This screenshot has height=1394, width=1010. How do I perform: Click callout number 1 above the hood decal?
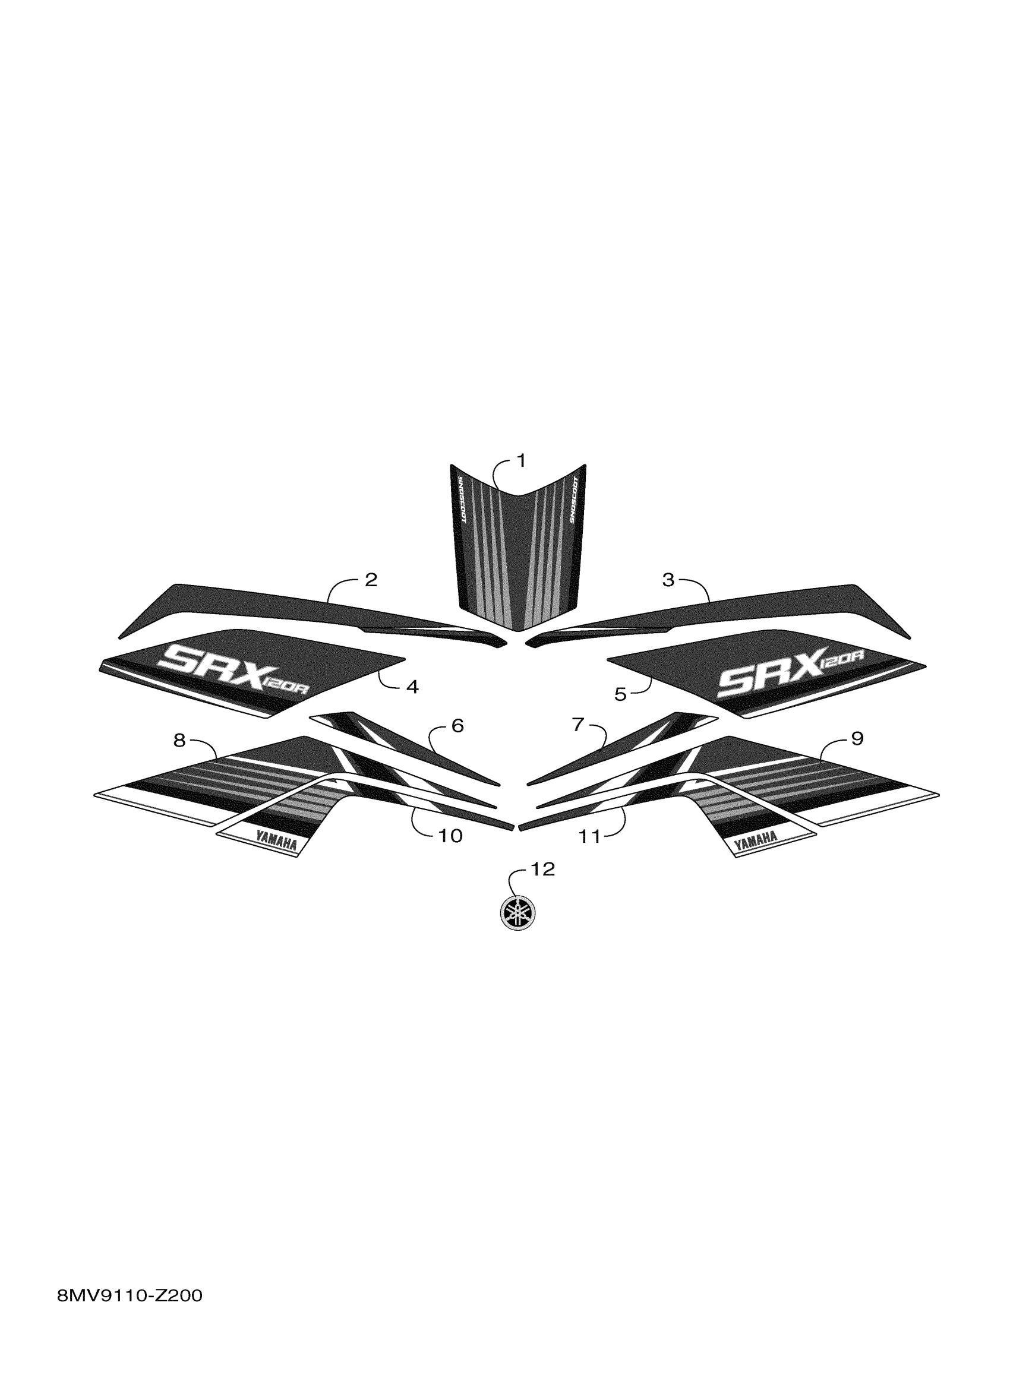pyautogui.click(x=521, y=460)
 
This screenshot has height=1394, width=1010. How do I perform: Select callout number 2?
pyautogui.click(x=371, y=580)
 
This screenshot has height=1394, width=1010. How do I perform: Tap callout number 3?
pyautogui.click(x=668, y=580)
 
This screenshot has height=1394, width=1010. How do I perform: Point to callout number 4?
pyautogui.click(x=412, y=687)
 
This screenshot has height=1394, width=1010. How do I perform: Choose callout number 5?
pyautogui.click(x=620, y=694)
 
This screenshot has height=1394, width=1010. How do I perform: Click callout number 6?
pyautogui.click(x=457, y=726)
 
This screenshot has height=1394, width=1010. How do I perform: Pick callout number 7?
pyautogui.click(x=578, y=725)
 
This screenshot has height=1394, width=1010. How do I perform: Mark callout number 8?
pyautogui.click(x=179, y=741)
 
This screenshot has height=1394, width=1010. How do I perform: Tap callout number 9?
pyautogui.click(x=857, y=738)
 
